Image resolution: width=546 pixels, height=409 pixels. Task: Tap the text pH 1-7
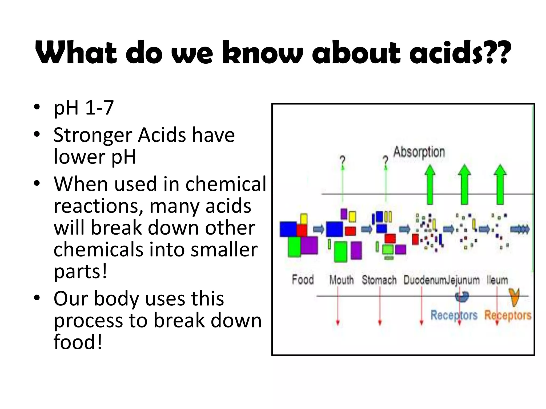tap(83, 108)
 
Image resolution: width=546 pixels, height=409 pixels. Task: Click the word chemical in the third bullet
tap(226, 184)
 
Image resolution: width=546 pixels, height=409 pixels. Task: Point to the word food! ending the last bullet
tap(78, 342)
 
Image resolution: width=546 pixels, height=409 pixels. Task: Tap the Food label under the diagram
tap(303, 280)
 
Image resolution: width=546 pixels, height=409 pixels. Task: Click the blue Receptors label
tap(454, 315)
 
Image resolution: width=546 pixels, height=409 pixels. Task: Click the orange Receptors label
tap(508, 315)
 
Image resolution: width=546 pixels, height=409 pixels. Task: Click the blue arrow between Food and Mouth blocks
tap(319, 229)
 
